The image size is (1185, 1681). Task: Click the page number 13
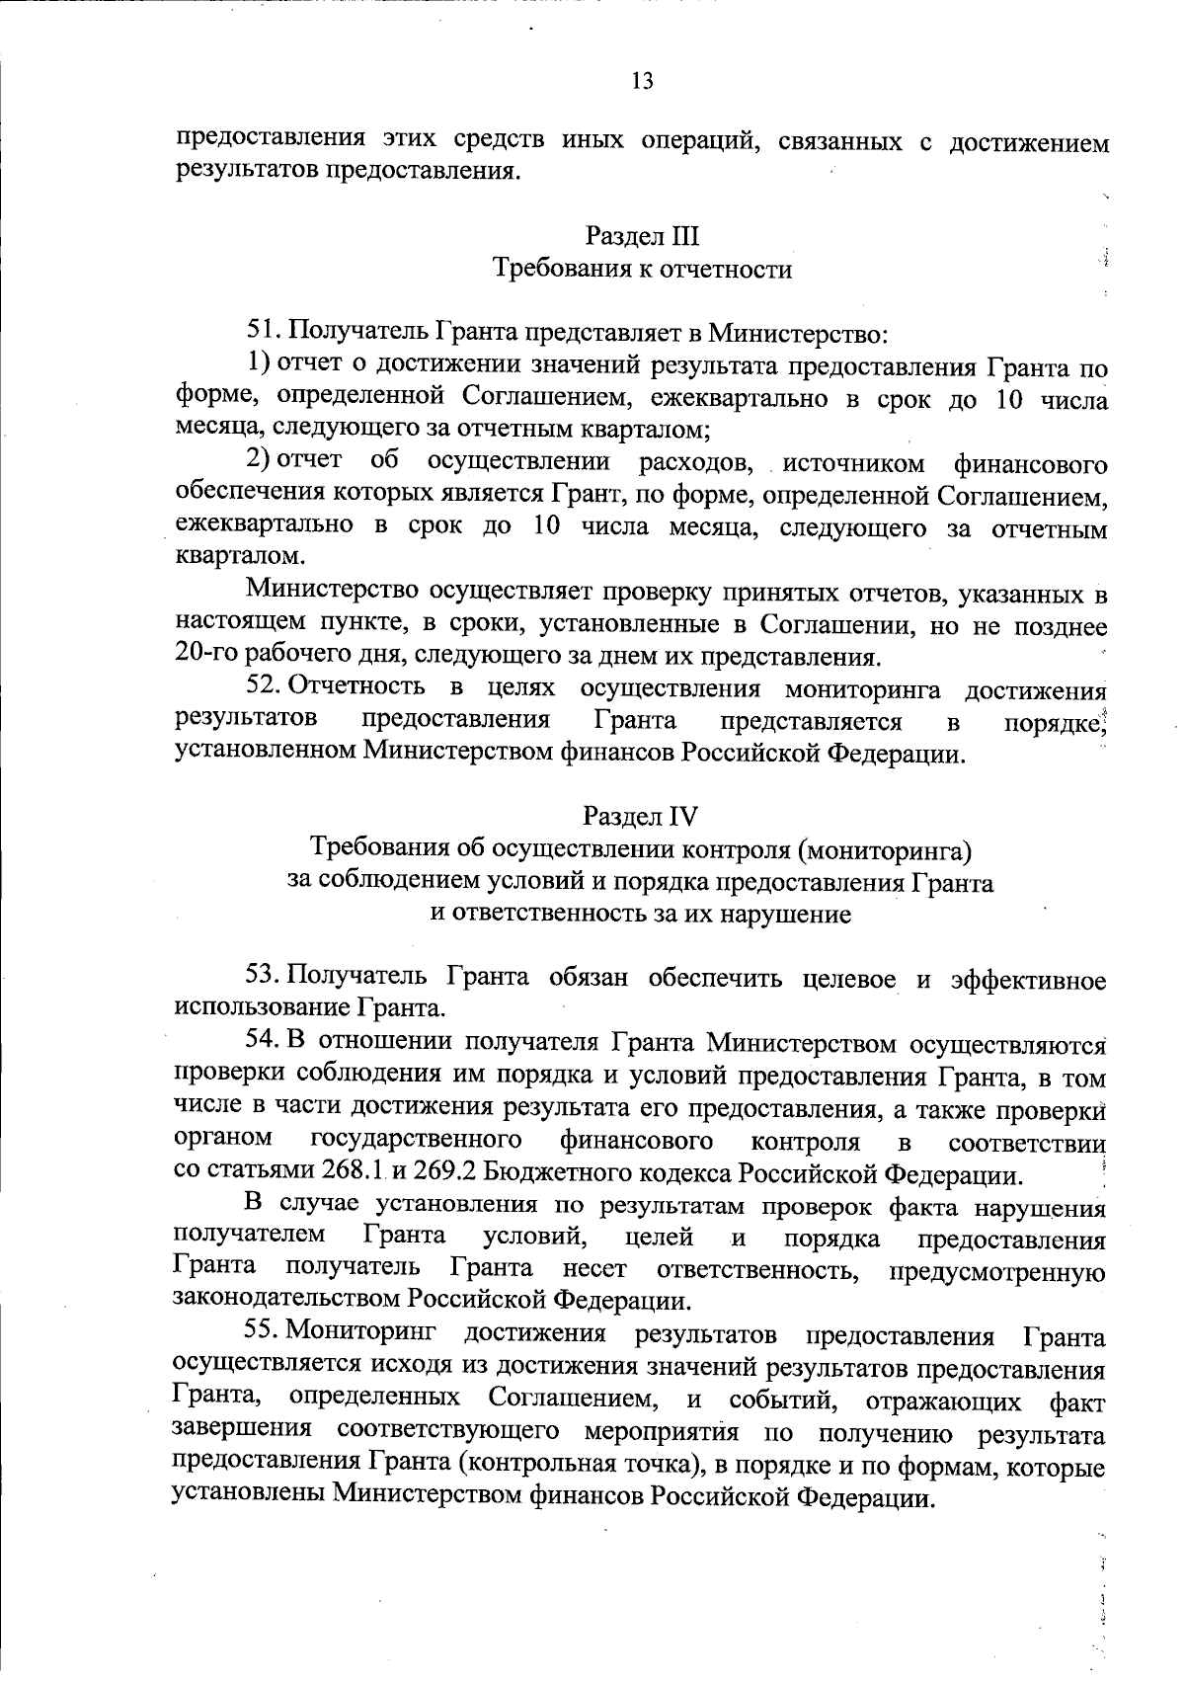tap(641, 81)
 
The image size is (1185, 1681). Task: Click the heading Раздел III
tap(642, 236)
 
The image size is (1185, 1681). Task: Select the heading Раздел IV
tap(640, 816)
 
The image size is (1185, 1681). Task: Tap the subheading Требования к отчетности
tap(642, 269)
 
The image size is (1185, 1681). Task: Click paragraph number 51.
tap(263, 331)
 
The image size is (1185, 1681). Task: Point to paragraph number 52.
tap(263, 687)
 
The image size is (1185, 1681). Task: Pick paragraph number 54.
tap(263, 1041)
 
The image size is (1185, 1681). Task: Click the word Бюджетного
tap(561, 1174)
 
